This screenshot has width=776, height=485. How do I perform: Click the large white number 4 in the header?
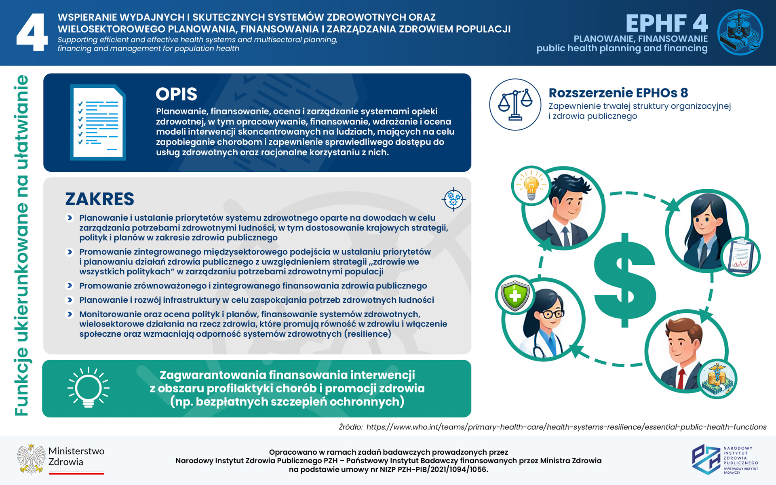tap(32, 32)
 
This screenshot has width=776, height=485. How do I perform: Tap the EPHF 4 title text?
tap(666, 23)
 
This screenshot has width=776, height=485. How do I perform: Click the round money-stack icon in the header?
tap(740, 32)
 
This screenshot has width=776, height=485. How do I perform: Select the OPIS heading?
tap(176, 94)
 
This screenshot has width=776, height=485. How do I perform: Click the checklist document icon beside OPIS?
tap(98, 122)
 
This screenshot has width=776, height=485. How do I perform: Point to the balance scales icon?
tap(515, 105)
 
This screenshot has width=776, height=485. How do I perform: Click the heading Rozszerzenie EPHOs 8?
tap(618, 93)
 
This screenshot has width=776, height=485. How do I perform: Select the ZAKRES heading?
tap(99, 199)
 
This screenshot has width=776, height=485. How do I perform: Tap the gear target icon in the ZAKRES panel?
tap(453, 199)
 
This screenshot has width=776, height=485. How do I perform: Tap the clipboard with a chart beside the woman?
tap(740, 257)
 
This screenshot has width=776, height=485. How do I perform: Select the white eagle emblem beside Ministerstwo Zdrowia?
tap(31, 459)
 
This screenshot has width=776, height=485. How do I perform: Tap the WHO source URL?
tap(566, 427)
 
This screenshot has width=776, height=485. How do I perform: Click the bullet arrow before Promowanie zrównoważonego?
tap(70, 286)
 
